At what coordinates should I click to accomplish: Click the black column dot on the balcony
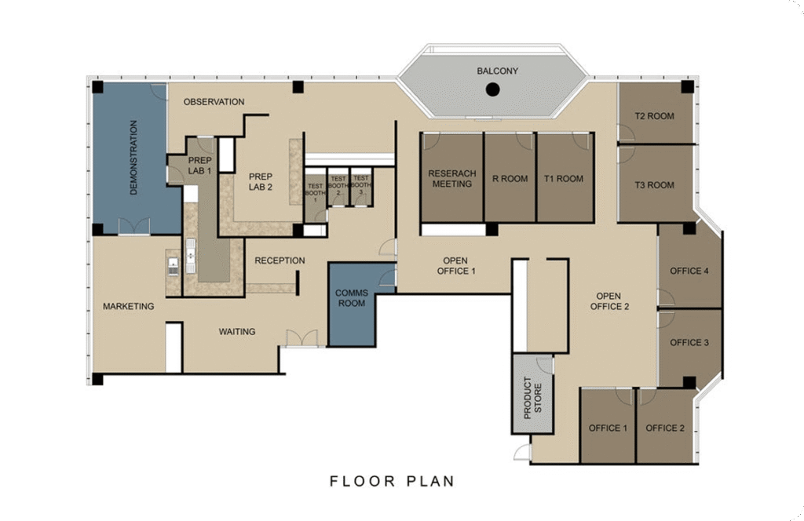pyautogui.click(x=493, y=89)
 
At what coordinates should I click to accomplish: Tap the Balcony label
pyautogui.click(x=497, y=71)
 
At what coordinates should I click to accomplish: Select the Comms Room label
pyautogui.click(x=352, y=298)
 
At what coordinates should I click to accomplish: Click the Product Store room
pyautogui.click(x=533, y=394)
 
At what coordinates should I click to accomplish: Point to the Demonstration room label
pyautogui.click(x=133, y=157)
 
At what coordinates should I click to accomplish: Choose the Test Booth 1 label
pyautogui.click(x=315, y=192)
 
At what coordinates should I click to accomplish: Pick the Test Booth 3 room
pyautogui.click(x=361, y=188)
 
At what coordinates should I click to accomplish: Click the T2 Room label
pyautogui.click(x=654, y=116)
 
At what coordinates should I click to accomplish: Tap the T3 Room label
pyautogui.click(x=654, y=185)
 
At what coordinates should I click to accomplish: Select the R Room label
pyautogui.click(x=510, y=179)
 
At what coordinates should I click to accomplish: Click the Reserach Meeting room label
pyautogui.click(x=452, y=179)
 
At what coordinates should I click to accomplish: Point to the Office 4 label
pyautogui.click(x=689, y=271)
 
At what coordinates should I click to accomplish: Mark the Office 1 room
pyautogui.click(x=608, y=426)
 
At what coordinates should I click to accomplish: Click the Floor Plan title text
pyautogui.click(x=393, y=482)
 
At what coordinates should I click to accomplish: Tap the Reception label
pyautogui.click(x=280, y=260)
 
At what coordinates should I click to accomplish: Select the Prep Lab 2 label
pyautogui.click(x=261, y=182)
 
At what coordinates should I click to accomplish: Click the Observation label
pyautogui.click(x=214, y=102)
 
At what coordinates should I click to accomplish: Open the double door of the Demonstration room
pyautogui.click(x=134, y=227)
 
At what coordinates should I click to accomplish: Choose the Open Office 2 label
pyautogui.click(x=609, y=301)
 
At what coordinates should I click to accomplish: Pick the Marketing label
pyautogui.click(x=128, y=306)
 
